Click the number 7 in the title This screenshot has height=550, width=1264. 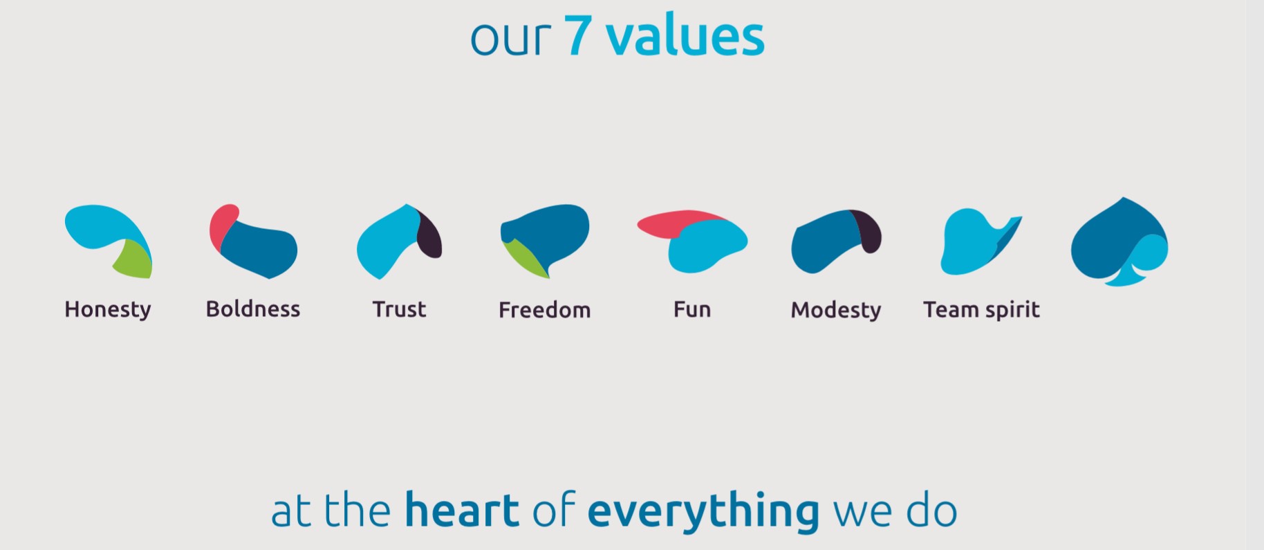579,35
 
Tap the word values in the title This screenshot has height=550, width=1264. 685,36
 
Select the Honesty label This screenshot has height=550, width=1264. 108,310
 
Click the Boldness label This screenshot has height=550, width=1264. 253,309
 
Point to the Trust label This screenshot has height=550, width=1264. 399,309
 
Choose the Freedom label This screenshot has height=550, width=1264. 545,309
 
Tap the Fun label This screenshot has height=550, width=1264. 692,309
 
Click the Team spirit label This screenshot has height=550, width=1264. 981,310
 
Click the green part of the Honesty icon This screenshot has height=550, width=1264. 136,261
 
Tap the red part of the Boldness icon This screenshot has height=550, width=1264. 222,225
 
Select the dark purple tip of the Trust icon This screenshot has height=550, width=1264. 430,235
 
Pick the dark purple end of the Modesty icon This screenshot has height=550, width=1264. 868,230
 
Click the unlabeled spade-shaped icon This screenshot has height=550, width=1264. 1119,242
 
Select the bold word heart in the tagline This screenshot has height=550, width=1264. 462,511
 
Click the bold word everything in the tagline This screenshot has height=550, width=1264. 704,512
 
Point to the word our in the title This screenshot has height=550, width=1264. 510,39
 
